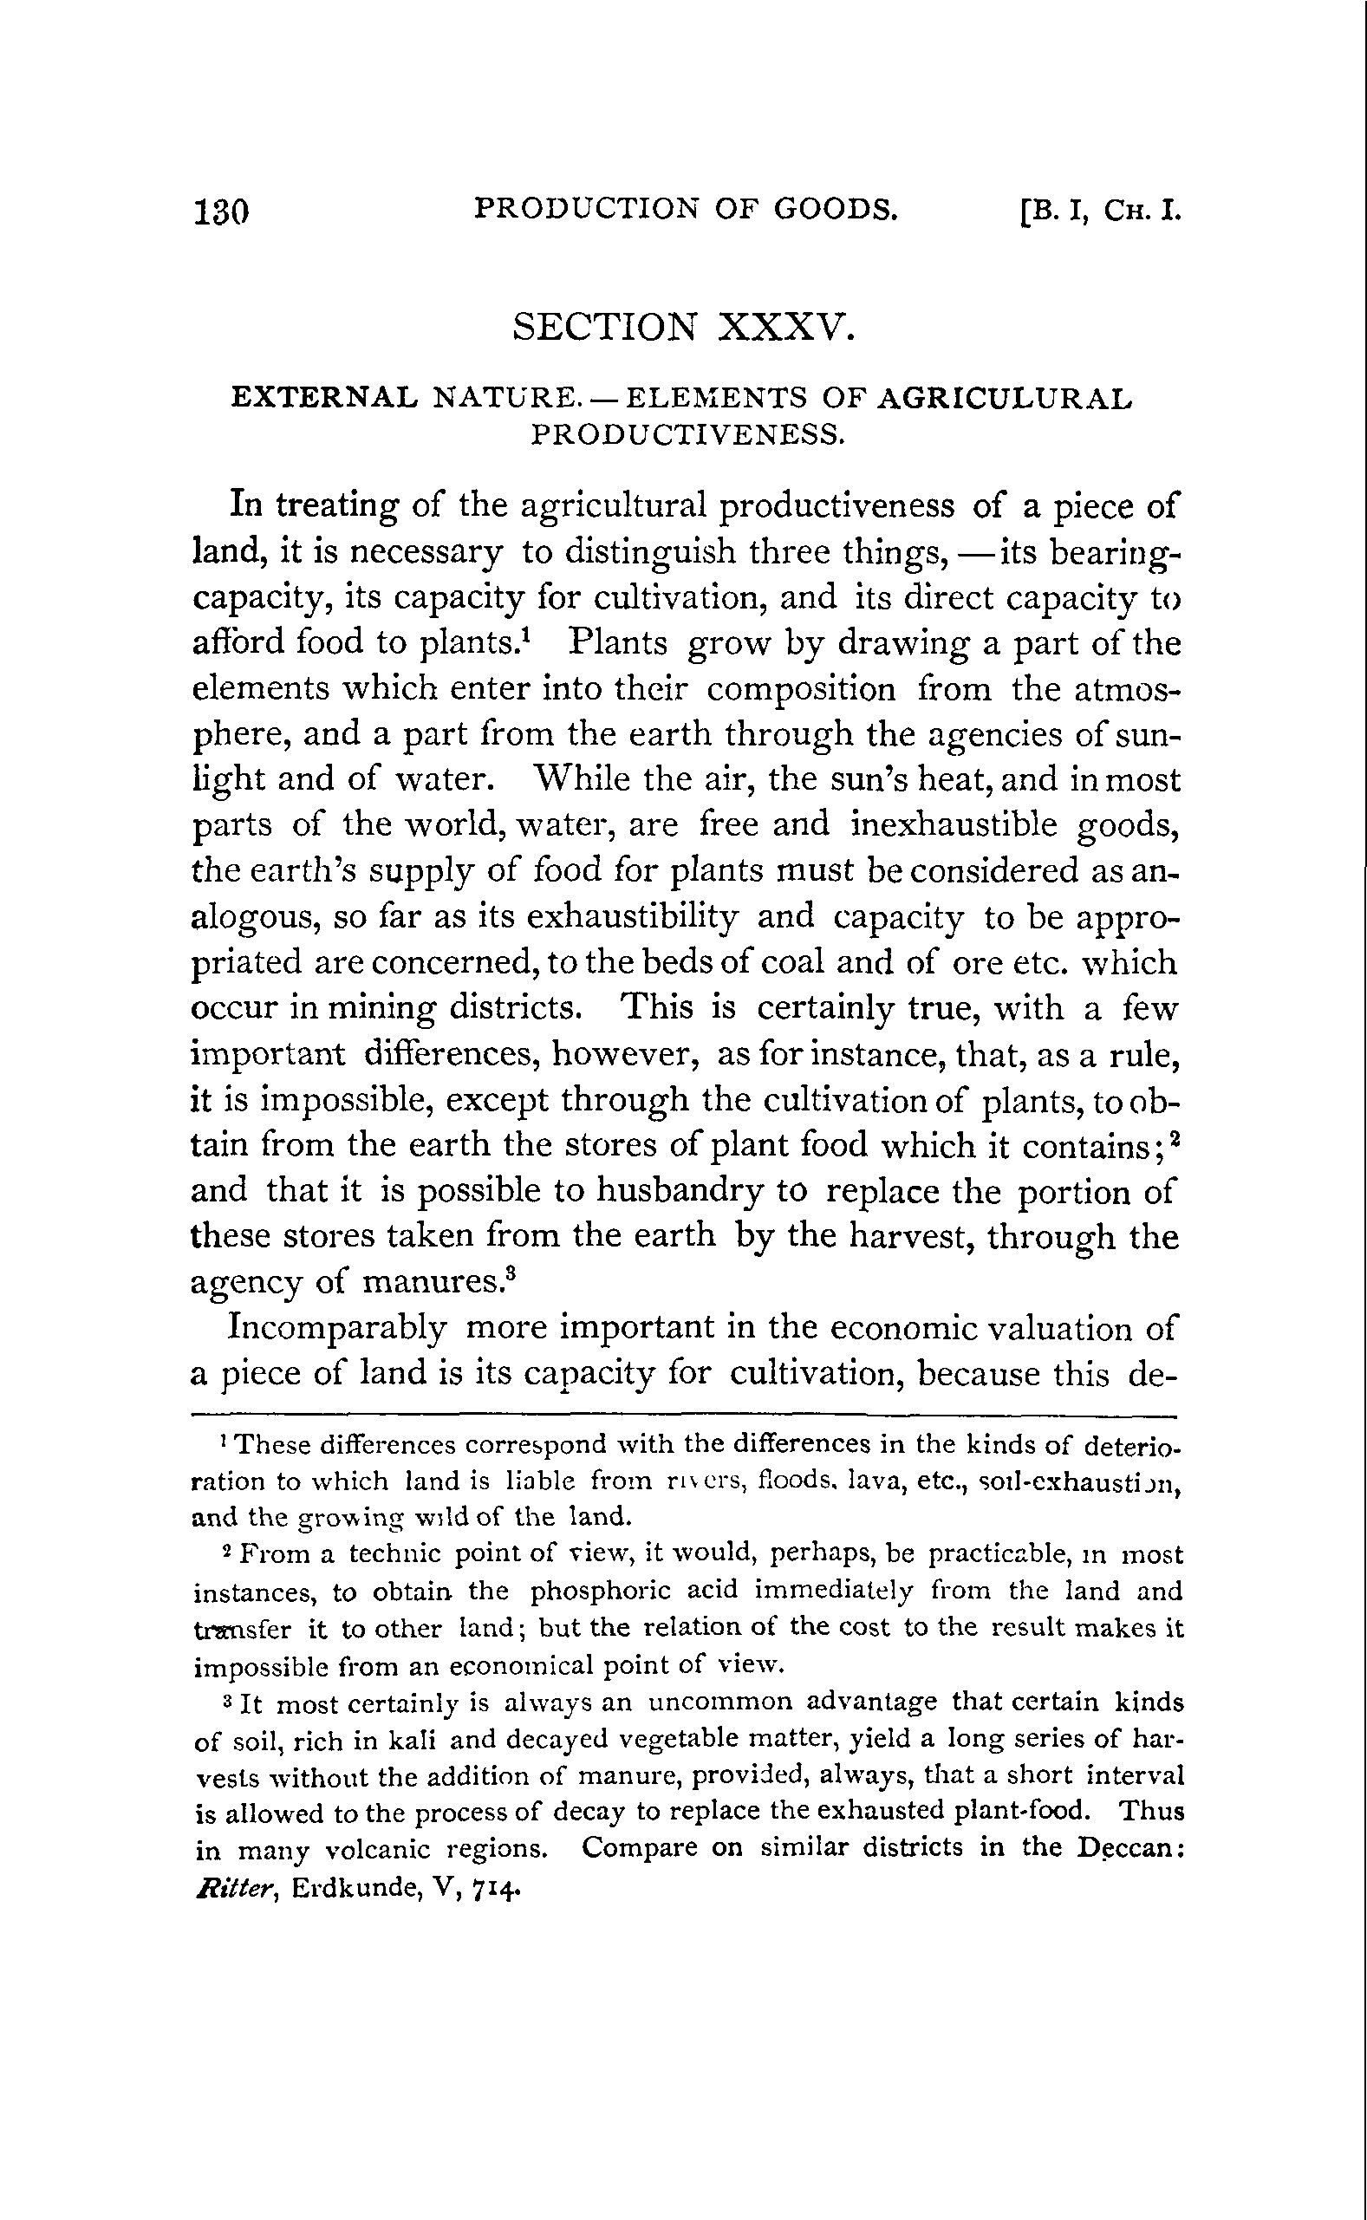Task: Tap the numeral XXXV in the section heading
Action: point(784,326)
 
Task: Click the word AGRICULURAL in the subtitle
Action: point(1004,398)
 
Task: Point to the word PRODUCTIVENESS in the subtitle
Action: point(687,435)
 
